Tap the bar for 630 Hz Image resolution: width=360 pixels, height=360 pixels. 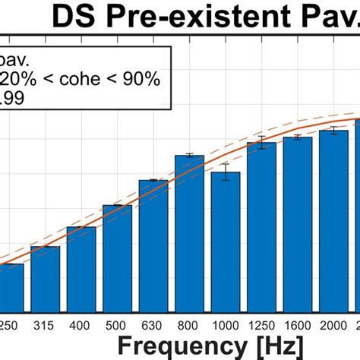click(153, 245)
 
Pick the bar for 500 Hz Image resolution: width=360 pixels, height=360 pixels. click(117, 258)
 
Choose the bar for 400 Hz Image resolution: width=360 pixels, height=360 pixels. click(81, 269)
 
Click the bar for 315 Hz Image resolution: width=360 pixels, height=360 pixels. click(45, 279)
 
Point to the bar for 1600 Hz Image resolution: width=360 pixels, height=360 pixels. click(298, 224)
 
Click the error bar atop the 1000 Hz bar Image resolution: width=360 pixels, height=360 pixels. click(226, 172)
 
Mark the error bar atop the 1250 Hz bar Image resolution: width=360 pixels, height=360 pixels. click(261, 142)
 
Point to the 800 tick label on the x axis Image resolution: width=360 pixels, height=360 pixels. click(189, 324)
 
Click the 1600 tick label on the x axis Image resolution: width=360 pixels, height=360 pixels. click(298, 324)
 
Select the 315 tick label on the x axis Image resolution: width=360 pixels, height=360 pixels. click(45, 324)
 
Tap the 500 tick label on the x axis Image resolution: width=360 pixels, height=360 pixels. click(117, 324)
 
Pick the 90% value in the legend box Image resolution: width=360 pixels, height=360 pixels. click(142, 79)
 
